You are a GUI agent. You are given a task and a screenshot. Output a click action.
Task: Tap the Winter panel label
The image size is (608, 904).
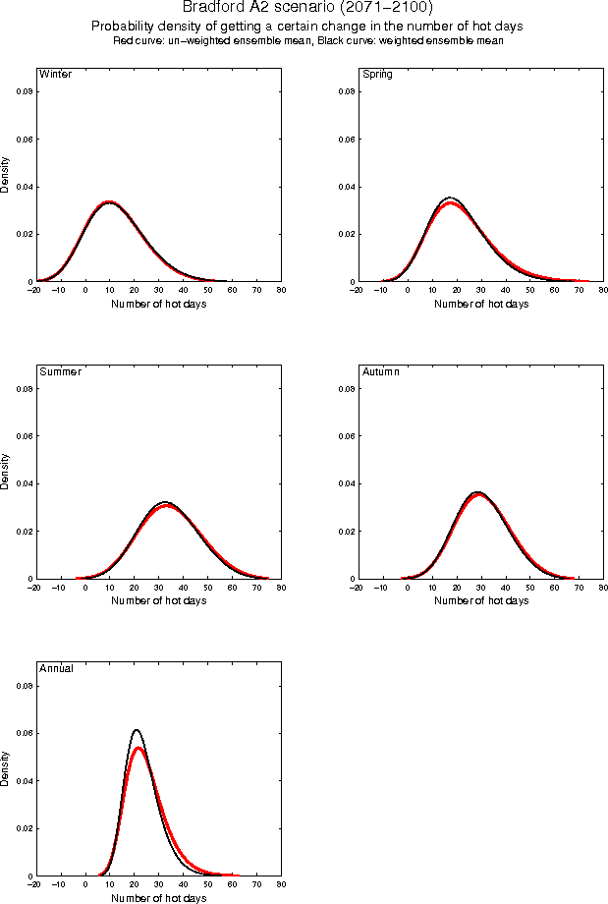click(55, 75)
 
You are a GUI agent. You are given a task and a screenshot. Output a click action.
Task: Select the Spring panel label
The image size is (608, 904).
click(377, 75)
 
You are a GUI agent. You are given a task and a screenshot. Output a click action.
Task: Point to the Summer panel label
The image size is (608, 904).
click(60, 372)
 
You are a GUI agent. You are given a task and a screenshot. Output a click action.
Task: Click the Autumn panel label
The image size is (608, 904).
click(382, 372)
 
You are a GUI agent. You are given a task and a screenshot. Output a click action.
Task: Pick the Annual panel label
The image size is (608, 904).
click(56, 669)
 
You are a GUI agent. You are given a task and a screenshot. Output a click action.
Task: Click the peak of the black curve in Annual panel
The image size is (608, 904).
click(137, 730)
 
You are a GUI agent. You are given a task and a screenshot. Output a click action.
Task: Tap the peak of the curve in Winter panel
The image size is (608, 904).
click(109, 201)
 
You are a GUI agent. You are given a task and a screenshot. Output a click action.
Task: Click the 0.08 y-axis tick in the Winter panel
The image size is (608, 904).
click(24, 91)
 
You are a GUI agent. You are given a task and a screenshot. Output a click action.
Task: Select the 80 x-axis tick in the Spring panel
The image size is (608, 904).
click(603, 291)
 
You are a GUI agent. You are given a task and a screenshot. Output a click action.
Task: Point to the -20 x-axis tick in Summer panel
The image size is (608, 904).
click(33, 588)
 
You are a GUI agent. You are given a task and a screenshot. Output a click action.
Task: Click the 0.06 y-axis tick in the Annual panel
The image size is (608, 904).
click(24, 733)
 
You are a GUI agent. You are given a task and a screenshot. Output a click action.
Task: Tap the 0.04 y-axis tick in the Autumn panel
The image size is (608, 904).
click(346, 483)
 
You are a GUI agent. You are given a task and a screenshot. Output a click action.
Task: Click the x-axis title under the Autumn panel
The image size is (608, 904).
click(481, 600)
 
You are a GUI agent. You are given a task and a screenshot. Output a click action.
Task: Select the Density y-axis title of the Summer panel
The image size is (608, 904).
click(6, 472)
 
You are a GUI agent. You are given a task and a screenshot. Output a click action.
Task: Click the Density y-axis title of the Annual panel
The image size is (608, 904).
click(6, 768)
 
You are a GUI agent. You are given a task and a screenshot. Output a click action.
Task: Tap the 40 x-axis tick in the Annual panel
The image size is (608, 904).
click(183, 884)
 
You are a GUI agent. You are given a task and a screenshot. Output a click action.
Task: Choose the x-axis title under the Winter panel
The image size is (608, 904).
click(159, 304)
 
